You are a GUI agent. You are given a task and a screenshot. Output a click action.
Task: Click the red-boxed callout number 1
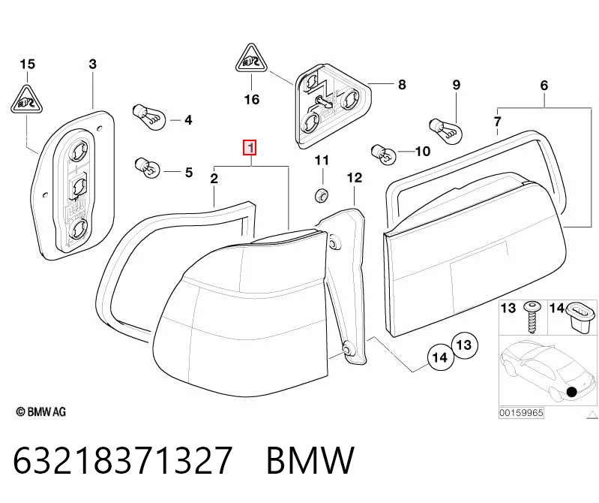(250, 148)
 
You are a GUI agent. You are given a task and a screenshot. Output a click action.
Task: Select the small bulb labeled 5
(147, 167)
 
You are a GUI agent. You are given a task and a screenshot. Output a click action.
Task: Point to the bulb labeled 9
(446, 129)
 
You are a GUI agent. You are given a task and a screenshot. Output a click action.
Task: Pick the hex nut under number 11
(321, 195)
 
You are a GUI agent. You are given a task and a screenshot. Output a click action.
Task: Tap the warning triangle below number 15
(26, 99)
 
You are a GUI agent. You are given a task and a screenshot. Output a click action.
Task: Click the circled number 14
(440, 357)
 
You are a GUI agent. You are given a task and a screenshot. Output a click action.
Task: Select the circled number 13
(464, 345)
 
